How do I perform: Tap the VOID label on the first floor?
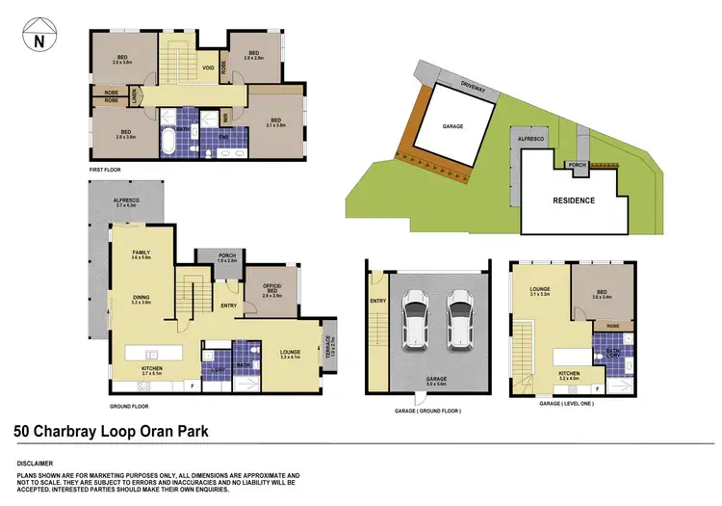pyautogui.click(x=208, y=68)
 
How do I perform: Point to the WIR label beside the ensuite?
pyautogui.click(x=225, y=119)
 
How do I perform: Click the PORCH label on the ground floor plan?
pyautogui.click(x=213, y=256)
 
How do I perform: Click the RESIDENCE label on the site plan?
pyautogui.click(x=573, y=201)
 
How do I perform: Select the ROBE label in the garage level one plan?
pyautogui.click(x=611, y=327)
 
